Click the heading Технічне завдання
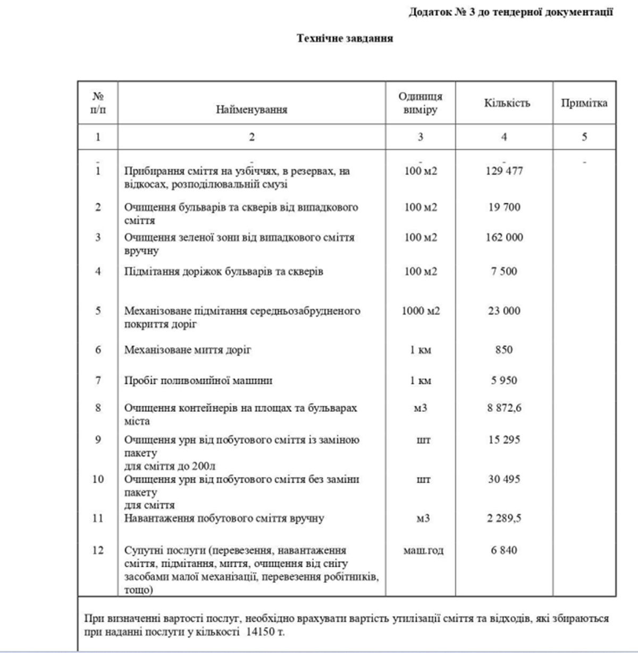345,38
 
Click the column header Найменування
251,110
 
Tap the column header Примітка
584,103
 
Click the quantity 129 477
504,171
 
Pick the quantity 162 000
504,237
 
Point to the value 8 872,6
504,408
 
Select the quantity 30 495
504,479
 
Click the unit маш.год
423,550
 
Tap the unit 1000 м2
421,311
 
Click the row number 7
98,381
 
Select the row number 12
98,550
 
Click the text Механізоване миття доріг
188,350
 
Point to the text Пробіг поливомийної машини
198,381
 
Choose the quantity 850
503,350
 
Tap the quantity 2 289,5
504,518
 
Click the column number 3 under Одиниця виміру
420,137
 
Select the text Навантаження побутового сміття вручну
224,518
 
